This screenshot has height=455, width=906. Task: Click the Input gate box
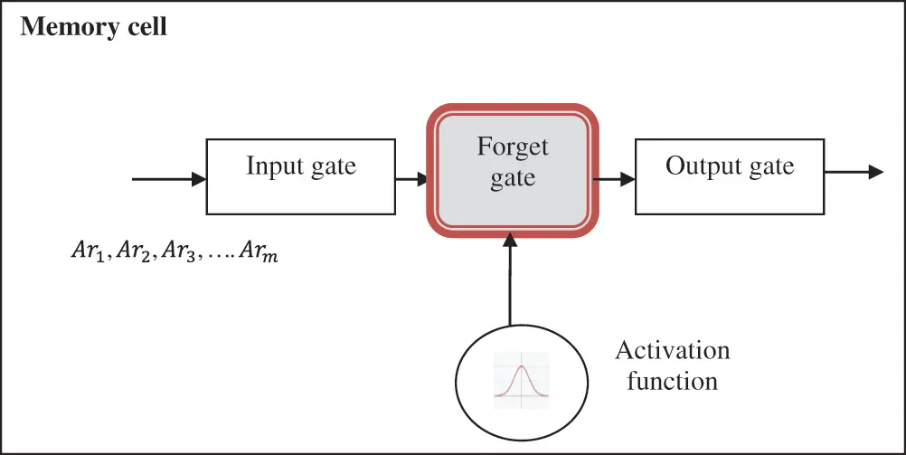[x=300, y=176]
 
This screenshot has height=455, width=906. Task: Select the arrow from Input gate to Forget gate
[x=412, y=179]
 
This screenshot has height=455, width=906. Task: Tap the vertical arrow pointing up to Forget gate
[x=511, y=280]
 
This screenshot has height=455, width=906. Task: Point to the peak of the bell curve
[x=521, y=365]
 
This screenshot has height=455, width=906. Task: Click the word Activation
[x=672, y=350]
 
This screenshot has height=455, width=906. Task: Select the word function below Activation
[x=672, y=381]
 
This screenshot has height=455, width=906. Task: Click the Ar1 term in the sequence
[x=88, y=251]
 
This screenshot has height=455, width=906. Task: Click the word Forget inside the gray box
[x=513, y=147]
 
